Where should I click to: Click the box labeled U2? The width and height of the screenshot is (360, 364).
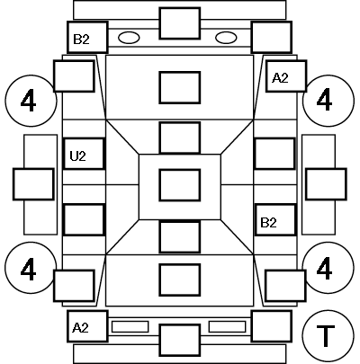tap(84, 154)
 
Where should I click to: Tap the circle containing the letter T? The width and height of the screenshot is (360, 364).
tap(328, 335)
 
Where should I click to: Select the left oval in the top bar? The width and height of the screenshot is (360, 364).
tap(129, 38)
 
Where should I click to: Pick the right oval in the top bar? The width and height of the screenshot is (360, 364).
tap(226, 38)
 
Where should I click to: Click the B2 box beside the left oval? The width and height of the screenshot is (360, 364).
tap(87, 37)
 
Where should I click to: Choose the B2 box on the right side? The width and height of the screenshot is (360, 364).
tap(275, 220)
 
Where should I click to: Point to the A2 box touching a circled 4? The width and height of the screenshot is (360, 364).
tap(286, 76)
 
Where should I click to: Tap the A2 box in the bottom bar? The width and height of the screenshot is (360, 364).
tap(87, 326)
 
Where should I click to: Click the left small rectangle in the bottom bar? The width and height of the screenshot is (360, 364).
tap(130, 326)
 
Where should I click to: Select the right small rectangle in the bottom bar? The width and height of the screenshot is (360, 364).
tap(227, 326)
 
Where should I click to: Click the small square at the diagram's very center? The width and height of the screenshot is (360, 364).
tap(180, 185)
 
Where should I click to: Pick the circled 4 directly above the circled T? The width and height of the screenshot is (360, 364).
tap(328, 268)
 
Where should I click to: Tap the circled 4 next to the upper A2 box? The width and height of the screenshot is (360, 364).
tap(328, 101)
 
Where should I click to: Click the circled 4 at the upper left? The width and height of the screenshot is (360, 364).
tap(31, 101)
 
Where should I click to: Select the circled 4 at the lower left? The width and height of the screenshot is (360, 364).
tap(31, 268)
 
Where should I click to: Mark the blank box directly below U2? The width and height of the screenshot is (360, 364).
tap(84, 220)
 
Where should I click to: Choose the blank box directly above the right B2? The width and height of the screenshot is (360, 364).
tap(274, 154)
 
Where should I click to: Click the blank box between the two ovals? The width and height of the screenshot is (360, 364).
tap(180, 23)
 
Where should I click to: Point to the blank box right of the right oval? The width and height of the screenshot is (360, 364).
tap(272, 37)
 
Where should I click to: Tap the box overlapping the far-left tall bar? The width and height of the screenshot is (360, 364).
tap(33, 184)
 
